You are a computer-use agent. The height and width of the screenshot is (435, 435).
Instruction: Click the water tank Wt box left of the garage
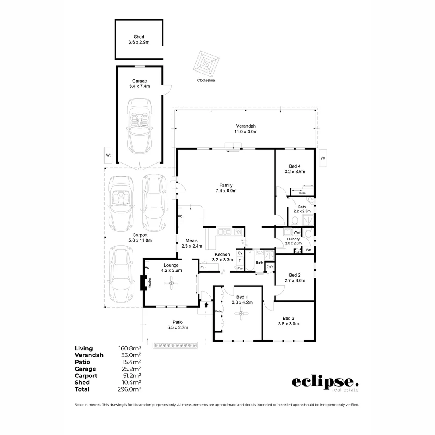click(108, 155)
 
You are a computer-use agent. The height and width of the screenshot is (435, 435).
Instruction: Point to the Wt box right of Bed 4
click(323, 158)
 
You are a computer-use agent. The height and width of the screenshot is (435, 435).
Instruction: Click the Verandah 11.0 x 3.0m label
click(246, 128)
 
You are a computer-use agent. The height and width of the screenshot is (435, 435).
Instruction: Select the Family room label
click(226, 188)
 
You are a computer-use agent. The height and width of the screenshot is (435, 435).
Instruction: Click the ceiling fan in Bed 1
click(242, 313)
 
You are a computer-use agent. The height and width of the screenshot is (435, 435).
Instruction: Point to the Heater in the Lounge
click(144, 283)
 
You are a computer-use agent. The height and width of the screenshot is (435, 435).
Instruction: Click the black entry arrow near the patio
click(206, 305)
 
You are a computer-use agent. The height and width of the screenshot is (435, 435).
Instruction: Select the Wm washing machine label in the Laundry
click(296, 232)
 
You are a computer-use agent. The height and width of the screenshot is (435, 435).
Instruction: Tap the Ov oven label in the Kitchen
click(240, 253)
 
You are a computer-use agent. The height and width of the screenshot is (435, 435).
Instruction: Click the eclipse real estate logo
click(325, 383)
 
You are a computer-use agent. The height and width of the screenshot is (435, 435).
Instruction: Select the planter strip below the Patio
click(176, 345)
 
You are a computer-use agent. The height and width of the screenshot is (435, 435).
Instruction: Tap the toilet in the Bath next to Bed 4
click(294, 220)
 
